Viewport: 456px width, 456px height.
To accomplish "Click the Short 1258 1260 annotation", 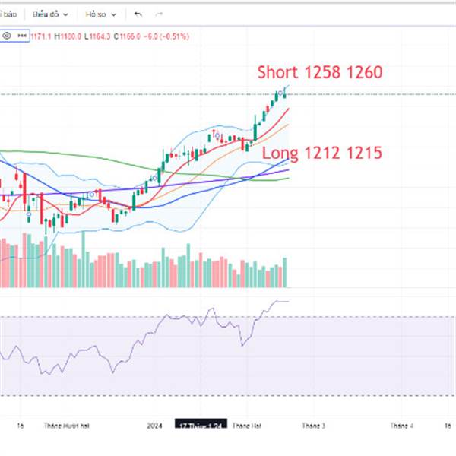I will click(x=319, y=73).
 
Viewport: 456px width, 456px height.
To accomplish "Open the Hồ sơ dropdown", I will click(x=100, y=14).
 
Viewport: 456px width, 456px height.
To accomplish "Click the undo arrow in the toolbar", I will click(x=138, y=14).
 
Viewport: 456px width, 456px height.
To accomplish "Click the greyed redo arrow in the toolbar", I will click(x=159, y=14).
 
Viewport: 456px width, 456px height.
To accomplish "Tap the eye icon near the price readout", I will click(x=7, y=35).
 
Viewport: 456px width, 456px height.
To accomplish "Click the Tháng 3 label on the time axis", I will click(x=313, y=426).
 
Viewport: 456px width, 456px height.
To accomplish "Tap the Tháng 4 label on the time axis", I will click(x=401, y=426).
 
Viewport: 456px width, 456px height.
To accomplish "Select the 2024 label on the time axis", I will click(x=155, y=426).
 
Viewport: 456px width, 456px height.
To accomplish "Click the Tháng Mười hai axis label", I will click(x=67, y=426).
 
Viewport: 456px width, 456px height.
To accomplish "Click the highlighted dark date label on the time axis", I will click(x=199, y=426).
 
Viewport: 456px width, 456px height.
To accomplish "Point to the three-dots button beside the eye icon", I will click(x=21, y=35).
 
